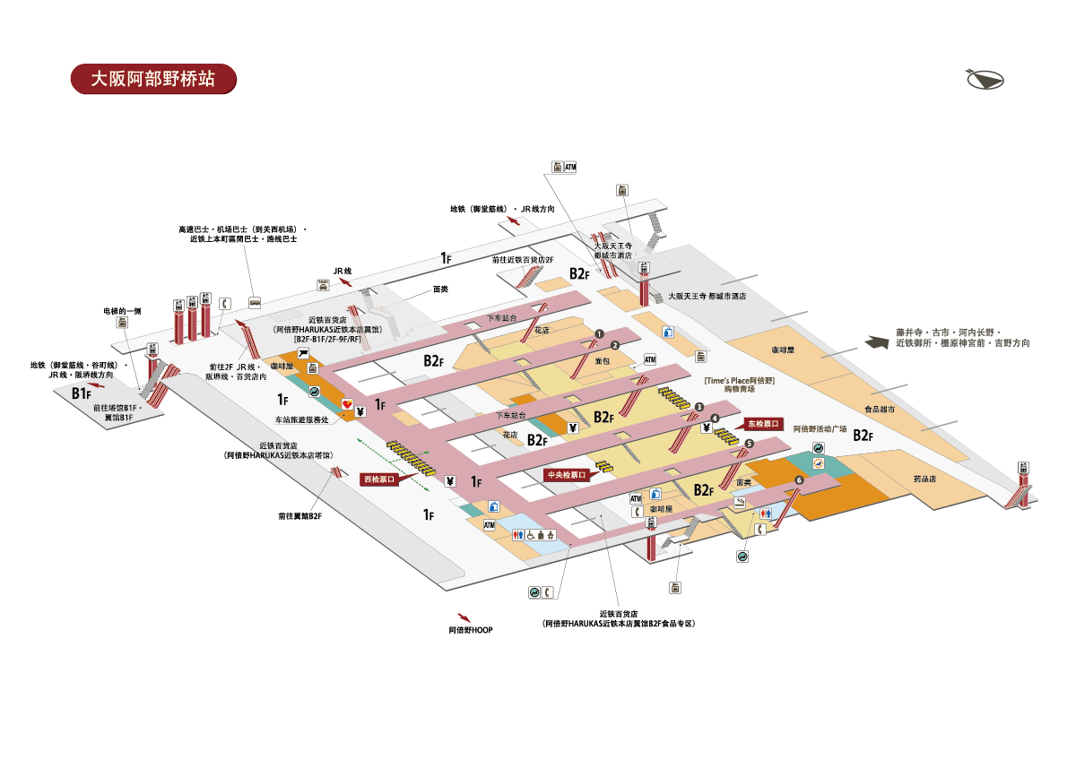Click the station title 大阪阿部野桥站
(x=153, y=79)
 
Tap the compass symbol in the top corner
(x=985, y=80)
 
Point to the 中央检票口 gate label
(x=566, y=475)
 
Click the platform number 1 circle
(x=597, y=334)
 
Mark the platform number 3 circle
(x=699, y=408)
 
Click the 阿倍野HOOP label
(x=471, y=630)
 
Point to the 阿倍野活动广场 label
(x=820, y=428)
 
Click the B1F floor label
(x=82, y=393)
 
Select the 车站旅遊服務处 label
(x=300, y=419)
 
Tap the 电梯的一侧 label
(x=122, y=311)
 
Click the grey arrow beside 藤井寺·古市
(x=877, y=341)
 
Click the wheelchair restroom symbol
(x=531, y=535)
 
